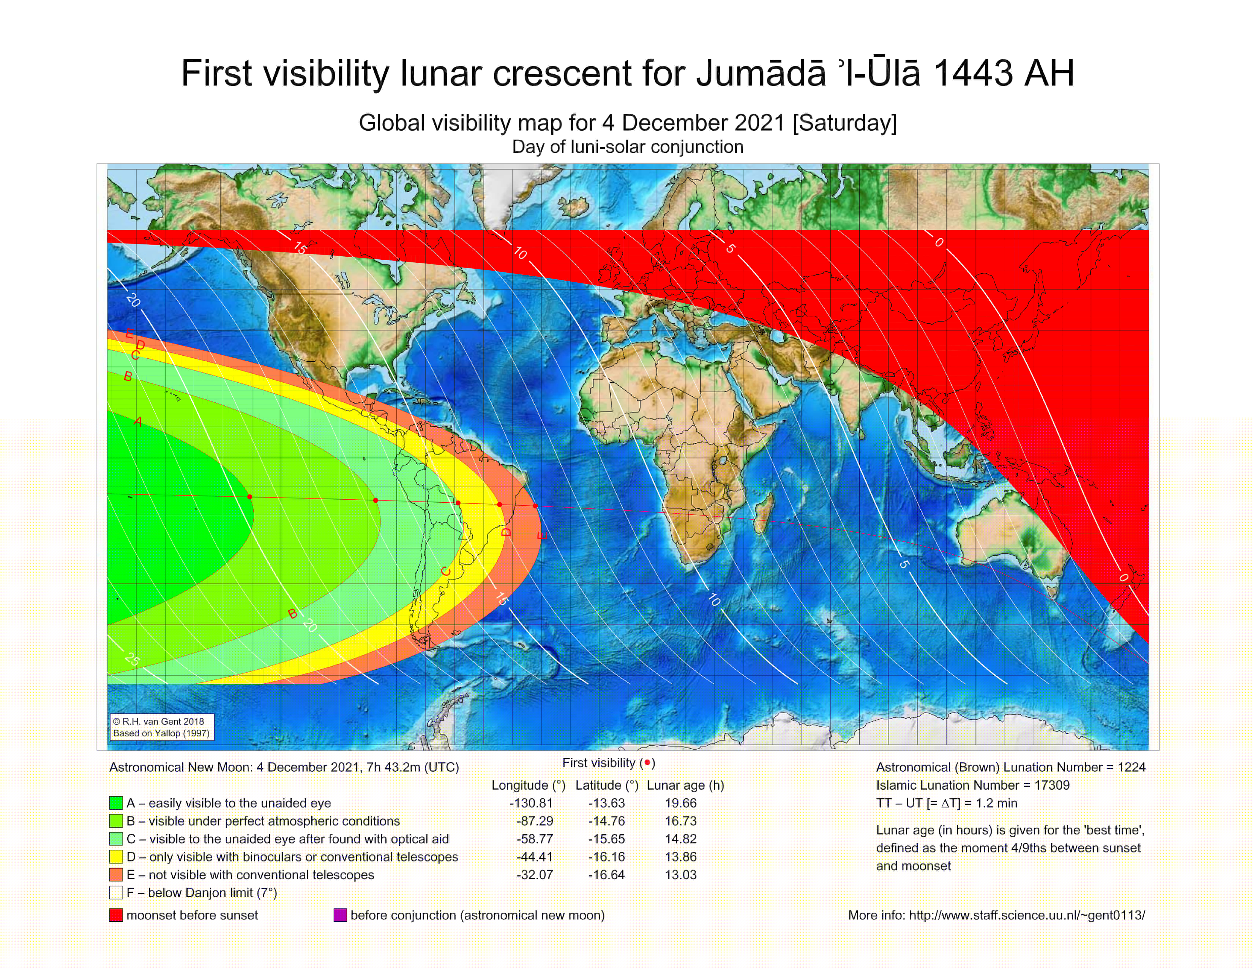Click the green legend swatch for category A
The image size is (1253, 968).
pos(116,803)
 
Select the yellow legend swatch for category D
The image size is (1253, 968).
pos(116,857)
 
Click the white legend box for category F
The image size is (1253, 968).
pos(116,893)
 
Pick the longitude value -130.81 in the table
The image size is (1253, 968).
pos(531,803)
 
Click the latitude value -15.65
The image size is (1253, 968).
pos(606,839)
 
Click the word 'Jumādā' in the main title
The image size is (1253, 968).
pos(760,73)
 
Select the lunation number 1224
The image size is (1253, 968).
pos(1131,767)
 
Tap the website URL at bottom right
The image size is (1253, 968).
pos(1027,915)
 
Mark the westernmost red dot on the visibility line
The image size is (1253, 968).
pos(250,497)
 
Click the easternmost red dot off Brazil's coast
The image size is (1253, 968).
pos(535,506)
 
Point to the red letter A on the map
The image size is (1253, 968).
pos(138,422)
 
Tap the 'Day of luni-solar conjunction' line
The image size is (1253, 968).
pos(628,147)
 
